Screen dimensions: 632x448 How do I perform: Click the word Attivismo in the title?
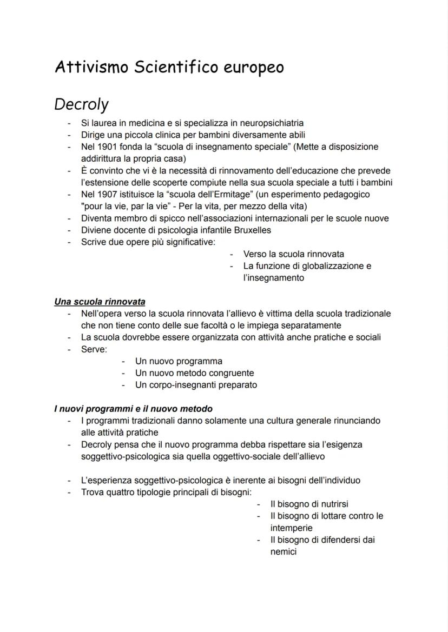[x=91, y=68]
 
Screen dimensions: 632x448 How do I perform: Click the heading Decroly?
[x=81, y=104]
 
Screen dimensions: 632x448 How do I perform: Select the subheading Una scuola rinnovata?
[x=100, y=302]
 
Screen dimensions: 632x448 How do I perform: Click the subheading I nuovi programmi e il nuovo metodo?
[x=133, y=409]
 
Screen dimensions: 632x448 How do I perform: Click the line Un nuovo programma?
[x=179, y=361]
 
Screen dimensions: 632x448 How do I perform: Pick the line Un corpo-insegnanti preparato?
[x=196, y=385]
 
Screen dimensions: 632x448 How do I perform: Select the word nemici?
[x=284, y=552]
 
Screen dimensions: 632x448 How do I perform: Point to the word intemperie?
[x=291, y=528]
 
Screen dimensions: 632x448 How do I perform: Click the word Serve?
[x=94, y=349]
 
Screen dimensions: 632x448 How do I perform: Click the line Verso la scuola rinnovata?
[x=293, y=254]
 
